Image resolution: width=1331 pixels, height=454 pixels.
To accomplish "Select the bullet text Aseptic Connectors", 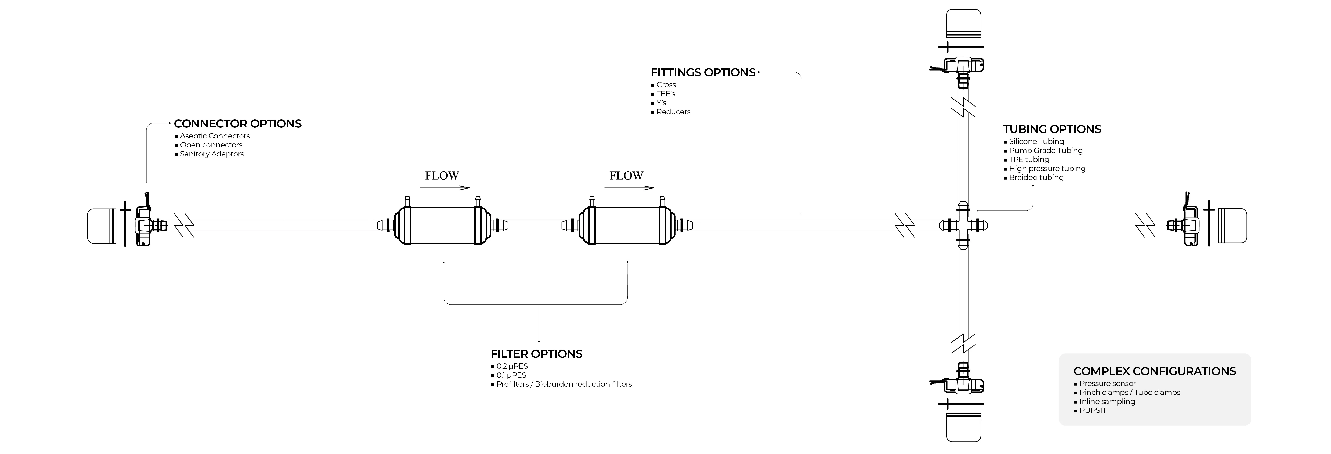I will tap(215, 136).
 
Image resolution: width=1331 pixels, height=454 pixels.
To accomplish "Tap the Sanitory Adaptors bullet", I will tap(212, 154).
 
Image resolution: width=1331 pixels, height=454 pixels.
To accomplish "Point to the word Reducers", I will tap(673, 112).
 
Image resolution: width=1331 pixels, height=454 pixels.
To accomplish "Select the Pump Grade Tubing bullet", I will tap(1046, 151).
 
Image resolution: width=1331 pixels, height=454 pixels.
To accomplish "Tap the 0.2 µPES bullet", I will tap(512, 366).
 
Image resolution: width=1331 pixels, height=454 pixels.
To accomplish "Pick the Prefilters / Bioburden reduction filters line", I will tap(564, 384).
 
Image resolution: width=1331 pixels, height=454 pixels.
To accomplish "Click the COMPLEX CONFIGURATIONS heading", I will tap(1154, 371).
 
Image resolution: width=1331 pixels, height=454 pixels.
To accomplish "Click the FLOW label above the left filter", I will tap(442, 176).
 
